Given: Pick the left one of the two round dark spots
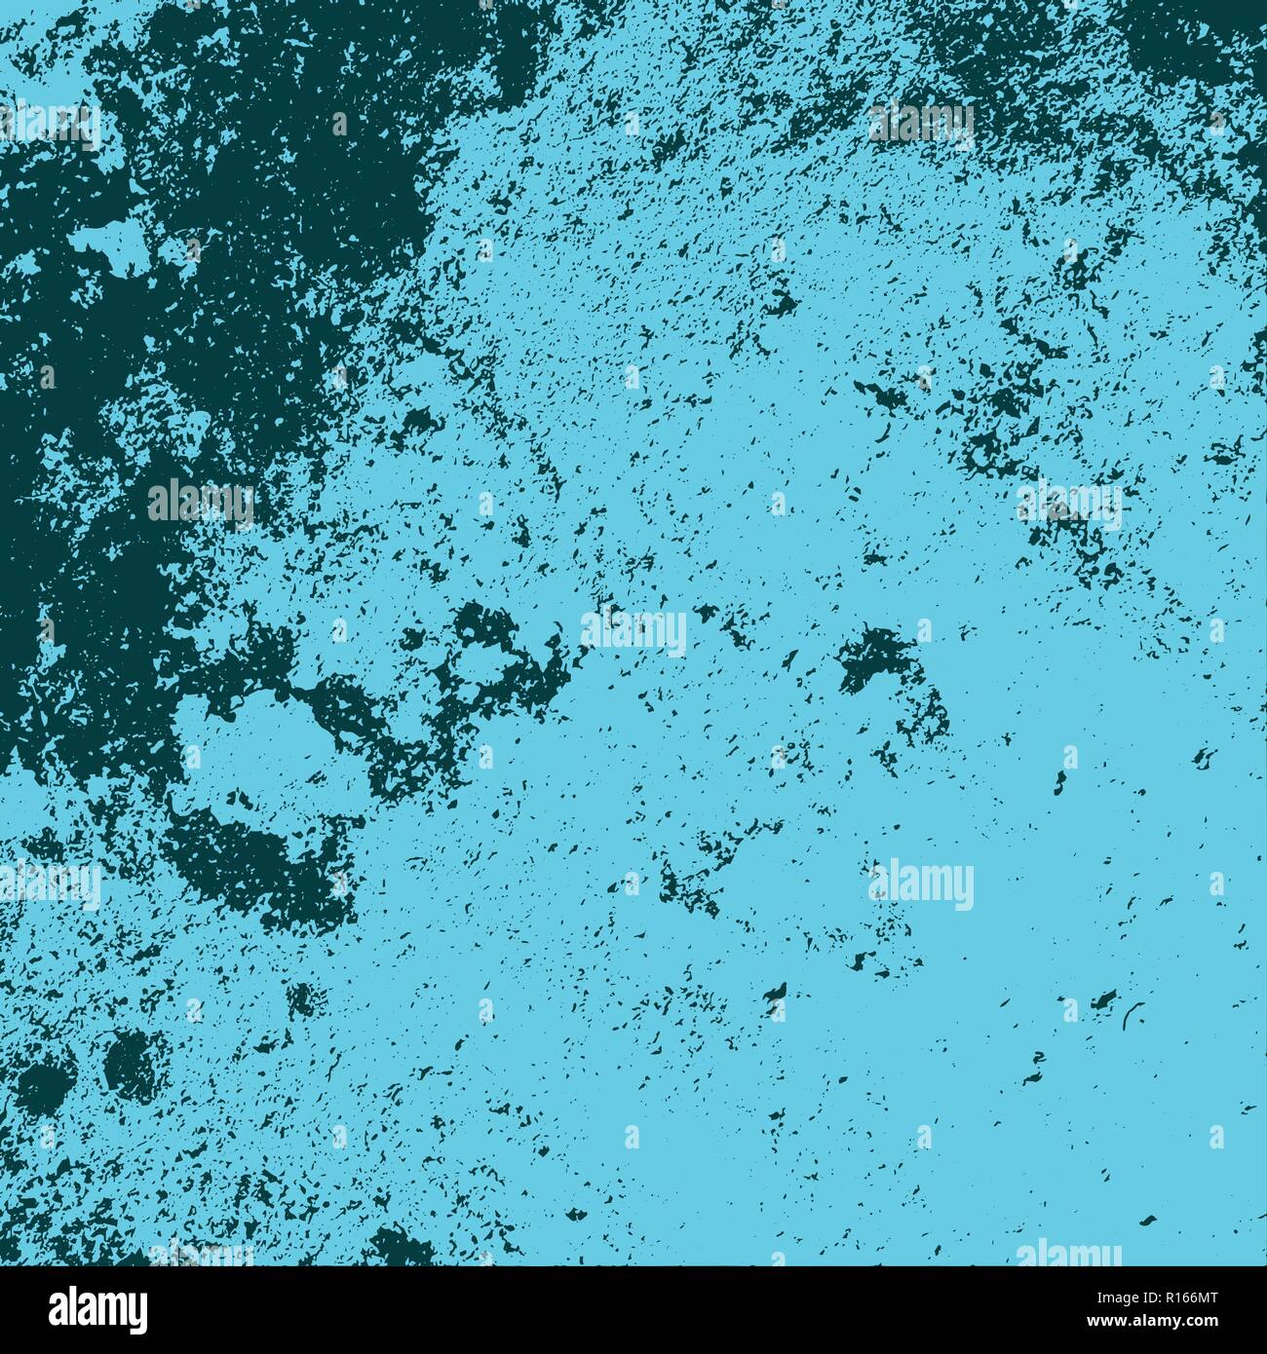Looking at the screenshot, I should pos(44,1081).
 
